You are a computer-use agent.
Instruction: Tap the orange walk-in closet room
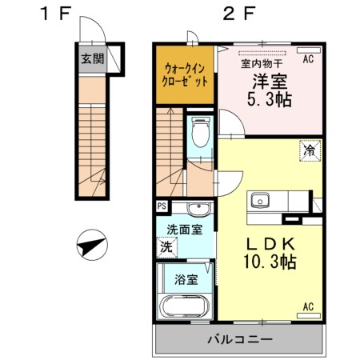point(185,75)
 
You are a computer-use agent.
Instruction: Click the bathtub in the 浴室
point(184,307)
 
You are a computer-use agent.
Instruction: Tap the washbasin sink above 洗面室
point(198,210)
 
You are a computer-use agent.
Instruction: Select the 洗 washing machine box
point(165,246)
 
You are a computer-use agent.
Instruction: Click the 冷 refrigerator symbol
point(307,148)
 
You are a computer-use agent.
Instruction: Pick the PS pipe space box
point(162,207)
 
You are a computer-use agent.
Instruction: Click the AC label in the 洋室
point(308,59)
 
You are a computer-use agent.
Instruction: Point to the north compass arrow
point(93,243)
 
